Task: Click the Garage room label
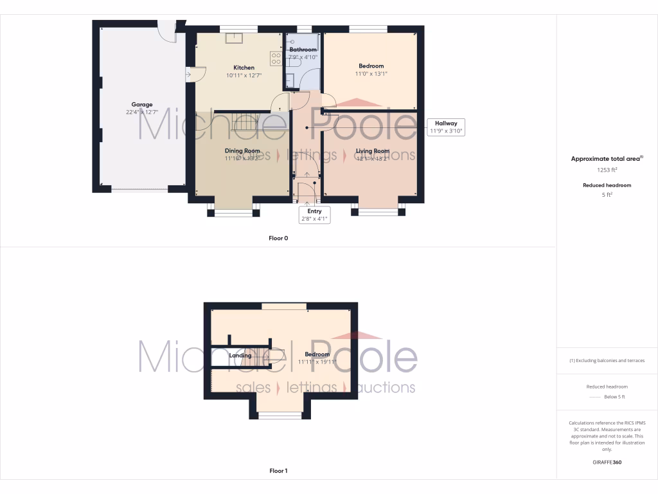click(142, 104)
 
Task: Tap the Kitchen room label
click(244, 68)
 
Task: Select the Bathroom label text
click(303, 50)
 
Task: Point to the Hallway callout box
click(446, 127)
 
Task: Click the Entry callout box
click(314, 214)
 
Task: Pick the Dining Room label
click(242, 151)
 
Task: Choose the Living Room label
click(373, 151)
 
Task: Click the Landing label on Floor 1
click(240, 355)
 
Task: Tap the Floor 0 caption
click(278, 238)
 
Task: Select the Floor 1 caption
click(278, 471)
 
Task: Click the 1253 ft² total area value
click(607, 170)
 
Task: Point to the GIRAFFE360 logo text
click(607, 462)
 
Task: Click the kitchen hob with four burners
click(276, 59)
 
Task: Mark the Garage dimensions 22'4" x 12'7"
click(142, 113)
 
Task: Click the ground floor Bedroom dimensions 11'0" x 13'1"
click(371, 74)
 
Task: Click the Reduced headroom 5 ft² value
click(607, 194)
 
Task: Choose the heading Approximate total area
click(606, 158)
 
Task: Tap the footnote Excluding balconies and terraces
click(607, 360)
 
